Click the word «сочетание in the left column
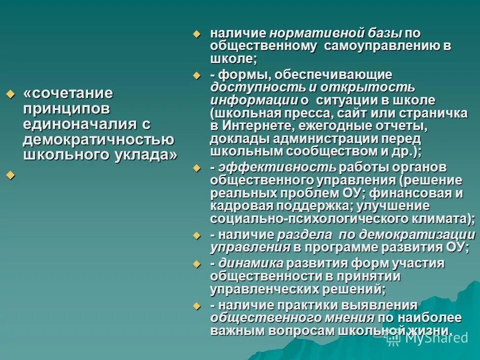click(x=68, y=93)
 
